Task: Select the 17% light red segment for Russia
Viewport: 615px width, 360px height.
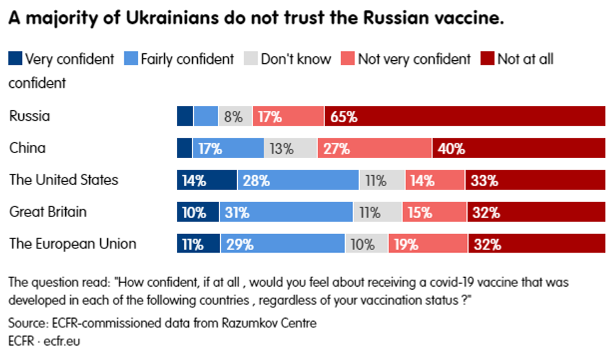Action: [288, 117]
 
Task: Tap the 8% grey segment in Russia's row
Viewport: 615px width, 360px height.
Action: [235, 117]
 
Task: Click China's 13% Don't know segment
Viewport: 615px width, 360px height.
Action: [291, 149]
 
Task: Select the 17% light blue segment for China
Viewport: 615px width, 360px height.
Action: [228, 149]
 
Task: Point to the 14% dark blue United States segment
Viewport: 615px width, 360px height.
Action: [206, 181]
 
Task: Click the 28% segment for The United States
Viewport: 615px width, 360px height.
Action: [298, 181]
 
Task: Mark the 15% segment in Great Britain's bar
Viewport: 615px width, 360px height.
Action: [434, 213]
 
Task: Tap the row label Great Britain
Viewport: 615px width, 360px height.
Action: [48, 212]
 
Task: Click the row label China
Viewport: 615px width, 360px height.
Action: [28, 149]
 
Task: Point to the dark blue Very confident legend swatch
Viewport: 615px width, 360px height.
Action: [15, 60]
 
